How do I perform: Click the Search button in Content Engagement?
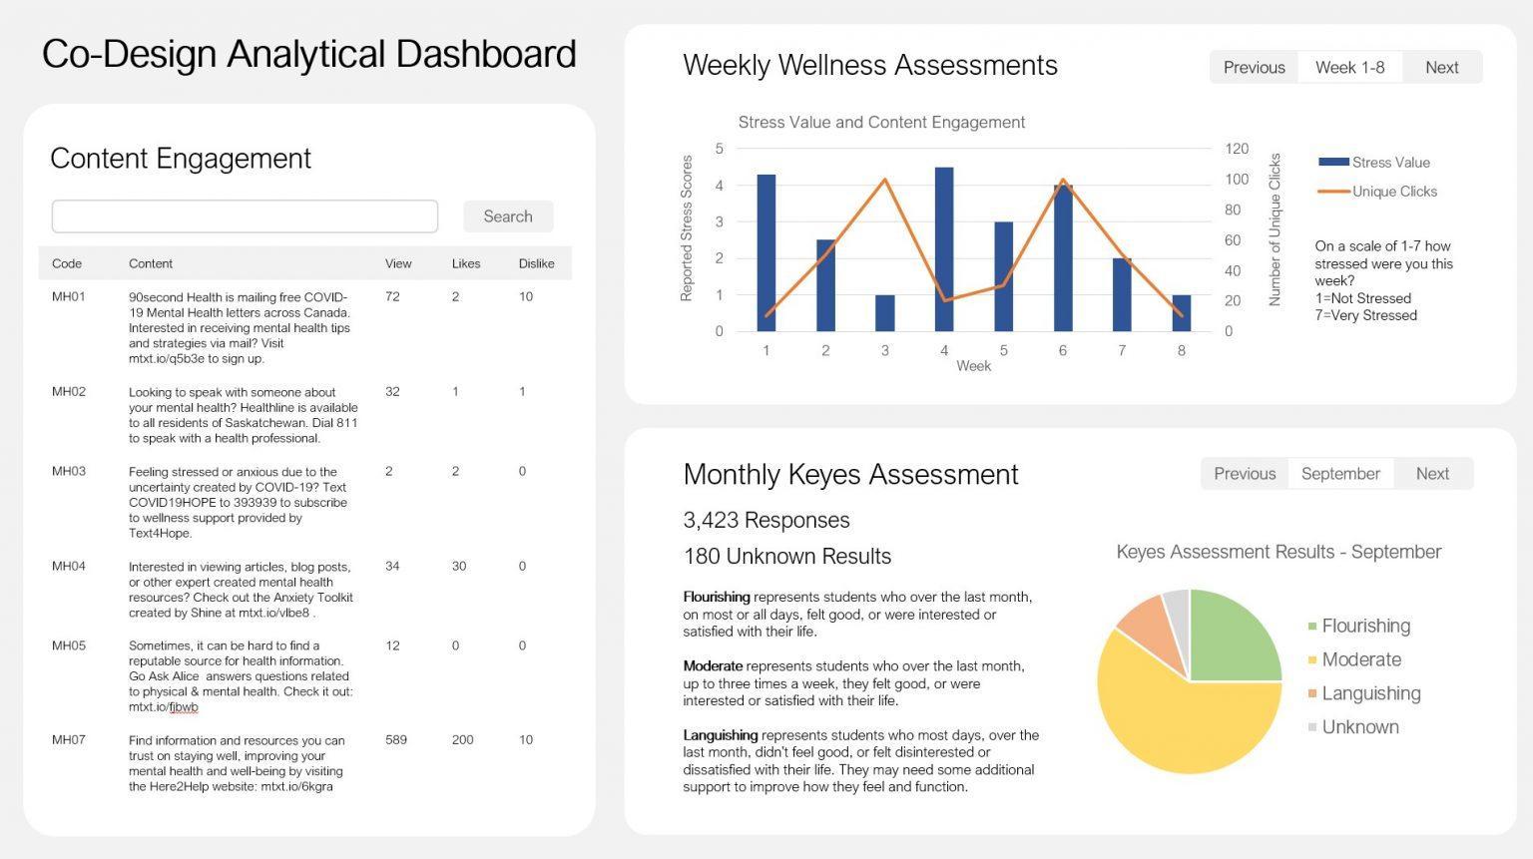(x=507, y=216)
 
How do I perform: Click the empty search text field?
(x=245, y=216)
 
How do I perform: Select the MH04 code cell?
(x=69, y=567)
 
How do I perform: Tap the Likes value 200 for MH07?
(x=462, y=740)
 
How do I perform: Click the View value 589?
(x=396, y=740)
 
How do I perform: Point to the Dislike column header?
(x=536, y=264)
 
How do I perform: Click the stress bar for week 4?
(x=943, y=249)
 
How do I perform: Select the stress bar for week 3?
(x=884, y=313)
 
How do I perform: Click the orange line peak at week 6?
(x=1062, y=181)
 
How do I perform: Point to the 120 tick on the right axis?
(x=1237, y=149)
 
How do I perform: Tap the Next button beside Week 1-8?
(x=1441, y=68)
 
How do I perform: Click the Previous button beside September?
(x=1245, y=474)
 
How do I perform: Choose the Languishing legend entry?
(x=1370, y=693)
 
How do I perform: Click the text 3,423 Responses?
(x=766, y=521)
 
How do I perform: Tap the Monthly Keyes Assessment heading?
(x=850, y=475)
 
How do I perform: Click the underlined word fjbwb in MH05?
(x=183, y=707)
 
